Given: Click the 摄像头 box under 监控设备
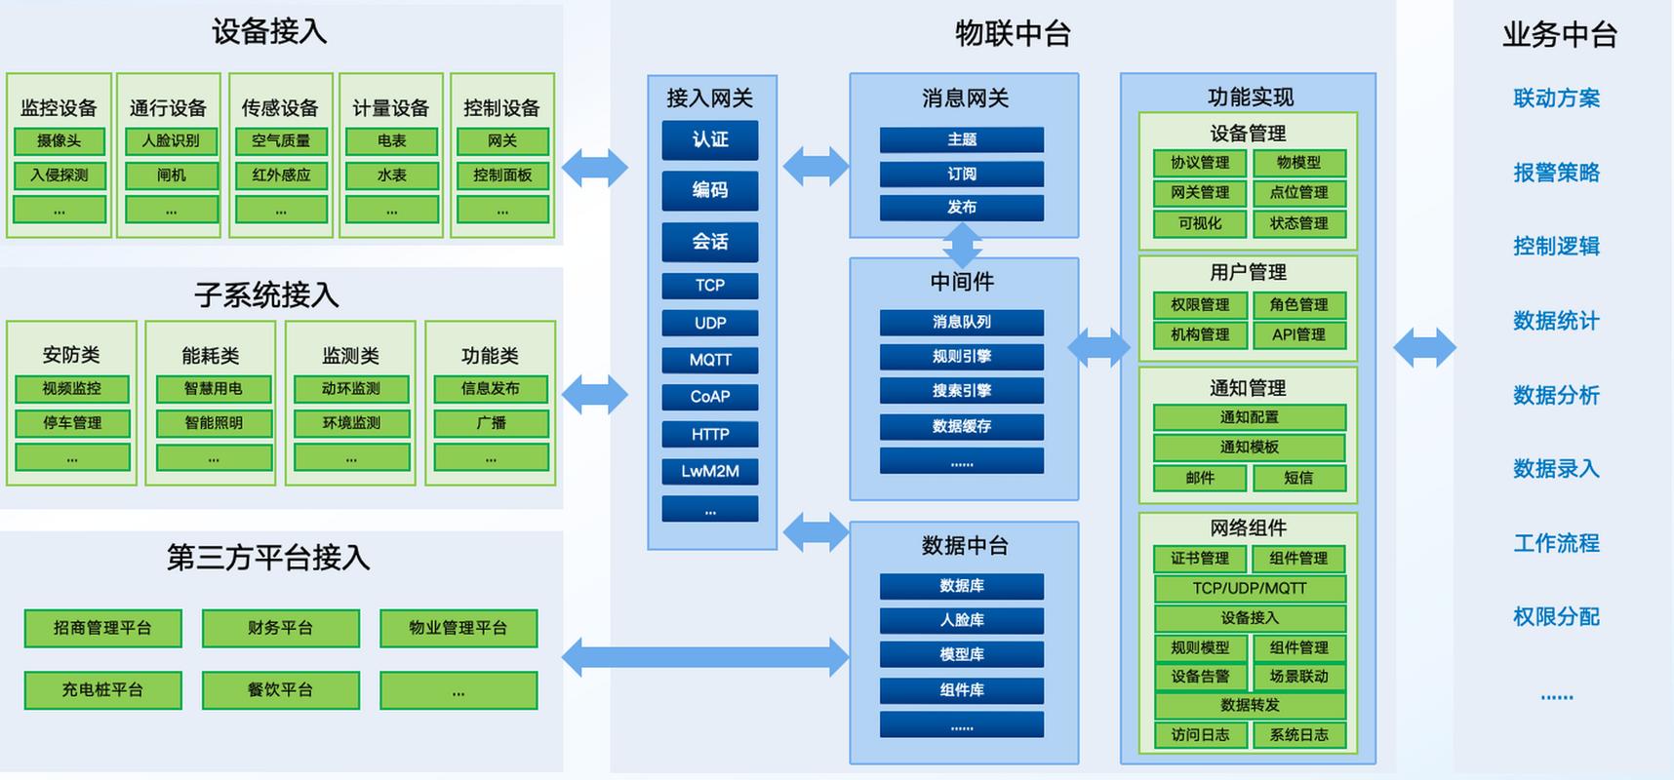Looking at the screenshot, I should coord(60,141).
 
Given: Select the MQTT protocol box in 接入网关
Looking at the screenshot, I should coord(710,360).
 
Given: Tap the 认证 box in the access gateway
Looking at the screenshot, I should coord(710,139).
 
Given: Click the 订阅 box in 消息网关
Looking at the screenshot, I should coord(962,174).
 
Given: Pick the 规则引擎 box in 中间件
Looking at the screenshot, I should coord(962,356).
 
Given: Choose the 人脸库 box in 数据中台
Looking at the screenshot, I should coord(962,620).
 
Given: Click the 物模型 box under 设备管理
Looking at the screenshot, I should coord(1298,163).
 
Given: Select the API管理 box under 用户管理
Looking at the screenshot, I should coord(1298,334).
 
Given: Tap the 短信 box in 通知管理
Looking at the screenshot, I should coord(1298,478).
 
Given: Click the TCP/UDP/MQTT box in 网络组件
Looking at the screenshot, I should coord(1250,588).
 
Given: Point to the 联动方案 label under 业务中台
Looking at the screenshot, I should coord(1556,98).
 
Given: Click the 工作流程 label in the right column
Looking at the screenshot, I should coord(1556,543).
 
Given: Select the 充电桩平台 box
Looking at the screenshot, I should coord(102,689).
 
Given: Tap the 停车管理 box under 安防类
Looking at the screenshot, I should coord(72,423).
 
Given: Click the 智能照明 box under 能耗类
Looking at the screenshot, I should coord(214,423).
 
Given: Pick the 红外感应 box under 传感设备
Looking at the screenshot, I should coord(281,175).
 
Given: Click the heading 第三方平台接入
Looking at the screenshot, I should coord(268,558).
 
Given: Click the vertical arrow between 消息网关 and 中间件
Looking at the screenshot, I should coord(962,246).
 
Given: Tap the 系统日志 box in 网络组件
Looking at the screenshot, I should coord(1298,735).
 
